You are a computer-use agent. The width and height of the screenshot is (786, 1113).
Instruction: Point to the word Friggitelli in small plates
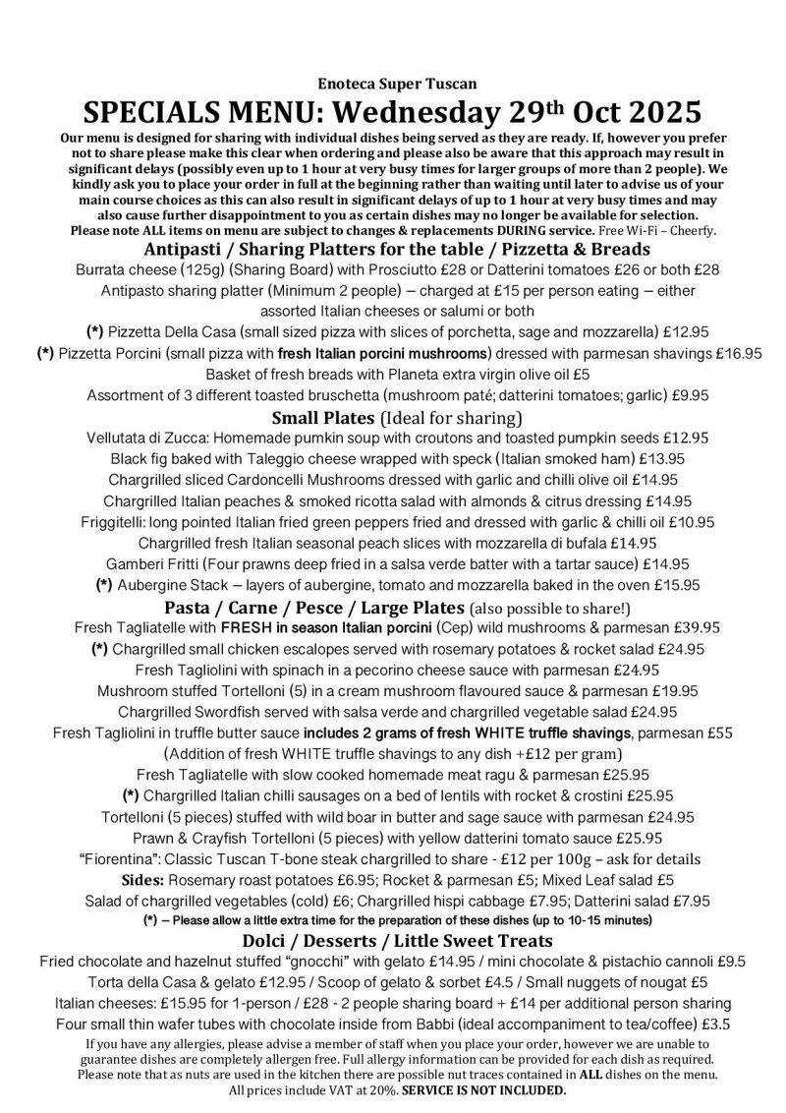111,521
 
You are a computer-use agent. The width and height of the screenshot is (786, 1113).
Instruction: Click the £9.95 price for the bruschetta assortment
682,395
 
